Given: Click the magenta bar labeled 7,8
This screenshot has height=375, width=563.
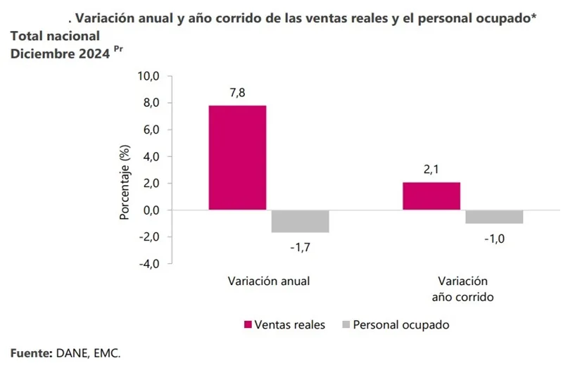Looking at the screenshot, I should [237, 158].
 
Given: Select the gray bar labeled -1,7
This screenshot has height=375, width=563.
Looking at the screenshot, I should [300, 222].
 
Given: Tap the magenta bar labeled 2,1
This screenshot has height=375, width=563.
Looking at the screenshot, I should [431, 196].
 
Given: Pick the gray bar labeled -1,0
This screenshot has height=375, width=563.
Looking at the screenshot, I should [494, 217].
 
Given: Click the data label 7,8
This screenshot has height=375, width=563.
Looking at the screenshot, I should [237, 93].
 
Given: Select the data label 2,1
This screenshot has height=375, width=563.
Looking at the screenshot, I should [431, 170].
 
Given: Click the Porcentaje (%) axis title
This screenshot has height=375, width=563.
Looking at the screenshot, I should [125, 182].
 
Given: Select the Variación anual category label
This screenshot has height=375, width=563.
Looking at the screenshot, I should [269, 281].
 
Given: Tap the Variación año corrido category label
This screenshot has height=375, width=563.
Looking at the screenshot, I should [462, 288].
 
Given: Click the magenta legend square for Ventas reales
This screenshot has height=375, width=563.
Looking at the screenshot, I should [248, 325].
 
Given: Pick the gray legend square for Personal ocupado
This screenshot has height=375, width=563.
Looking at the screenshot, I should [345, 325].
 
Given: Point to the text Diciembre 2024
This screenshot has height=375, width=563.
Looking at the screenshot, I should [60, 53].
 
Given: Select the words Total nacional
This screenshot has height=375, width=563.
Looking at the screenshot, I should [55, 35].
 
